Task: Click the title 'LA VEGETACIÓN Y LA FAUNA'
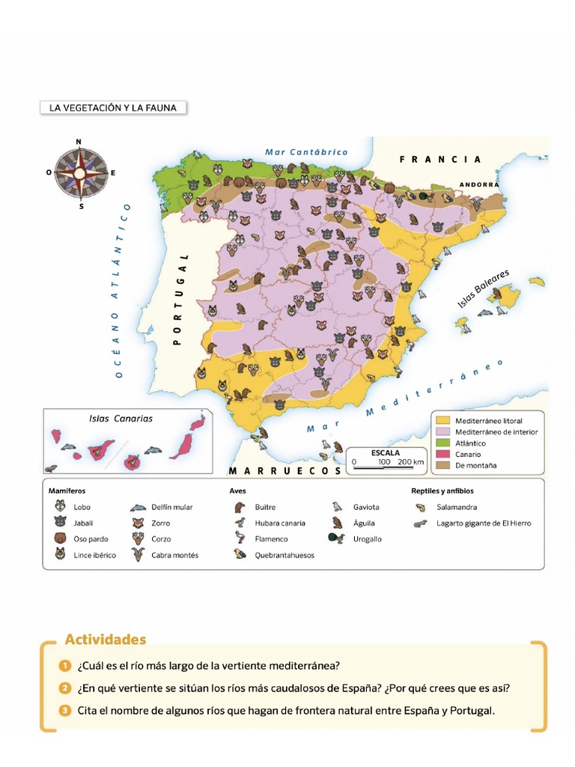(x=113, y=108)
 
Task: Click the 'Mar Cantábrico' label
(x=306, y=152)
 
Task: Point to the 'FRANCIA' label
(x=440, y=160)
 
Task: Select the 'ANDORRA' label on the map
(x=478, y=184)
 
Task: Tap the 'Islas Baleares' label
(x=483, y=288)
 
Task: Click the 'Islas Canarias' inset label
(x=121, y=419)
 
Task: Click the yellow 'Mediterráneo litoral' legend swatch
(x=443, y=421)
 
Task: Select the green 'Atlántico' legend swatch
(x=443, y=443)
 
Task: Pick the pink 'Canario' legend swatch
(x=443, y=455)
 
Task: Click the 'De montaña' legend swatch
(x=443, y=466)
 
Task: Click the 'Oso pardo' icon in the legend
(x=60, y=539)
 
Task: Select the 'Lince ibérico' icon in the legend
(x=60, y=554)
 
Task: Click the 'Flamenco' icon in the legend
(x=240, y=539)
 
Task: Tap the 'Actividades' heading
(x=106, y=640)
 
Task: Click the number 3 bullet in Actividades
(x=66, y=711)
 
